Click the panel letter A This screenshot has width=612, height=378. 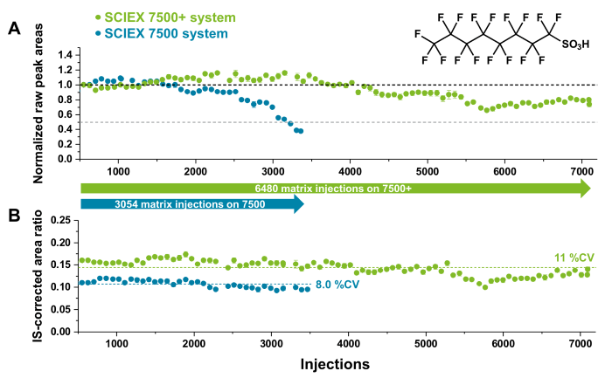[x=15, y=29]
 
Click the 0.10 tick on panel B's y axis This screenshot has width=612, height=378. [x=61, y=287]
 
